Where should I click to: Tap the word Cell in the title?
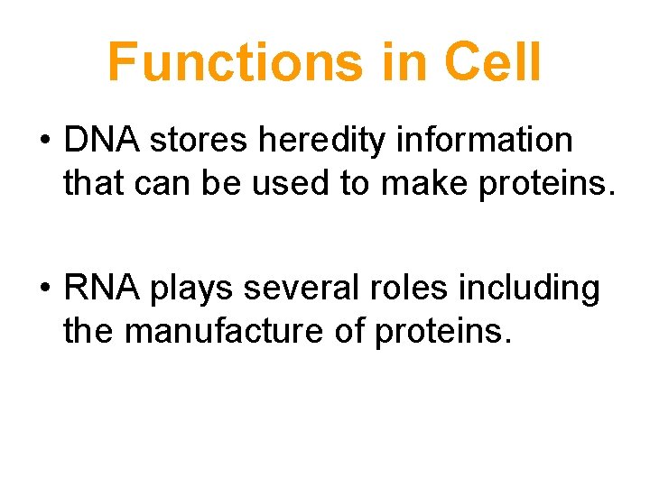(x=492, y=61)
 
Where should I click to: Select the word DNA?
(x=101, y=141)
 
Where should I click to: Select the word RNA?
(x=102, y=289)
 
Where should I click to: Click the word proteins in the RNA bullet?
(x=442, y=332)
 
